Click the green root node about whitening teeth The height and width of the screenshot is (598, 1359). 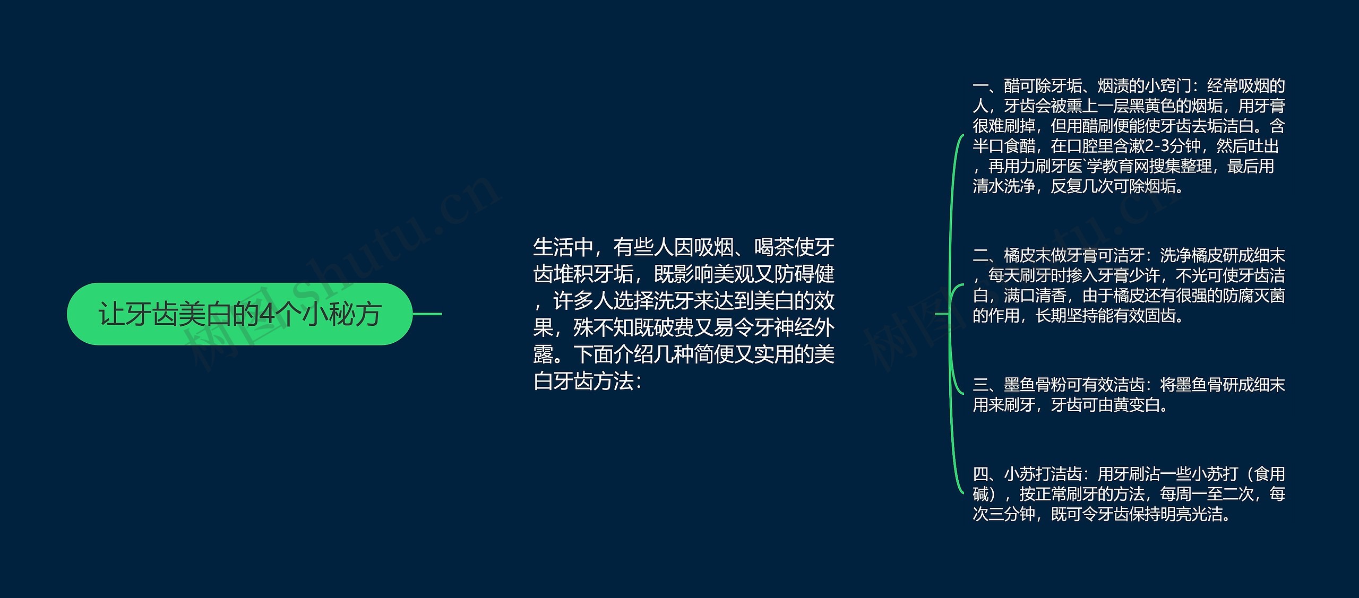(239, 314)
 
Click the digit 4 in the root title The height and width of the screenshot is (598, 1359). (268, 314)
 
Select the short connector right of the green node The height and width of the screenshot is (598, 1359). (427, 314)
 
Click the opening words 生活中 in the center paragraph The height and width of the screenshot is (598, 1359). (563, 247)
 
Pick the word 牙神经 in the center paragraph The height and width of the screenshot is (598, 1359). (764, 328)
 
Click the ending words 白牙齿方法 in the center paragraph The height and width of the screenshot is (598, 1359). (583, 382)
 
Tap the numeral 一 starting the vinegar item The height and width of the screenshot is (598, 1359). (980, 86)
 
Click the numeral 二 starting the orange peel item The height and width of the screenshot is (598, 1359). (980, 256)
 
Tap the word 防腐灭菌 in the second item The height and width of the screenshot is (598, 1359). (1253, 296)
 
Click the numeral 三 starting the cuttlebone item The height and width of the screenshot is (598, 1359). (980, 385)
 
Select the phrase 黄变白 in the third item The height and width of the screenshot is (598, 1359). (1137, 405)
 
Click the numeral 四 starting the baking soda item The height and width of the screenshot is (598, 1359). (980, 474)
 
